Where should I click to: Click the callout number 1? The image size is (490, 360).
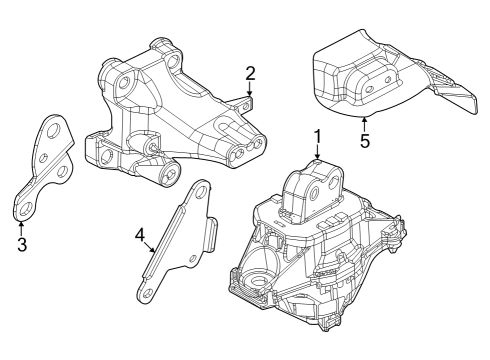(317, 135)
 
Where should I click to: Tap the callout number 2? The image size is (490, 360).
(251, 72)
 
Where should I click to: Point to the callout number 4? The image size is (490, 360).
(141, 236)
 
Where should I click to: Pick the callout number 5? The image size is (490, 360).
(364, 141)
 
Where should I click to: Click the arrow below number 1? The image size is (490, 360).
(317, 153)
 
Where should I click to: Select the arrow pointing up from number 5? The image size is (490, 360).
(364, 123)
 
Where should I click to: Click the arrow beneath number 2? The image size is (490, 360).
(251, 90)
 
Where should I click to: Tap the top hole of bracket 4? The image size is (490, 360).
(199, 189)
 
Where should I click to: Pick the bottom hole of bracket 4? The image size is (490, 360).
(144, 292)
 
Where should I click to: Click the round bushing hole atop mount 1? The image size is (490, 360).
(315, 189)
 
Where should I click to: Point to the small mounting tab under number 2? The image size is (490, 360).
(250, 100)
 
